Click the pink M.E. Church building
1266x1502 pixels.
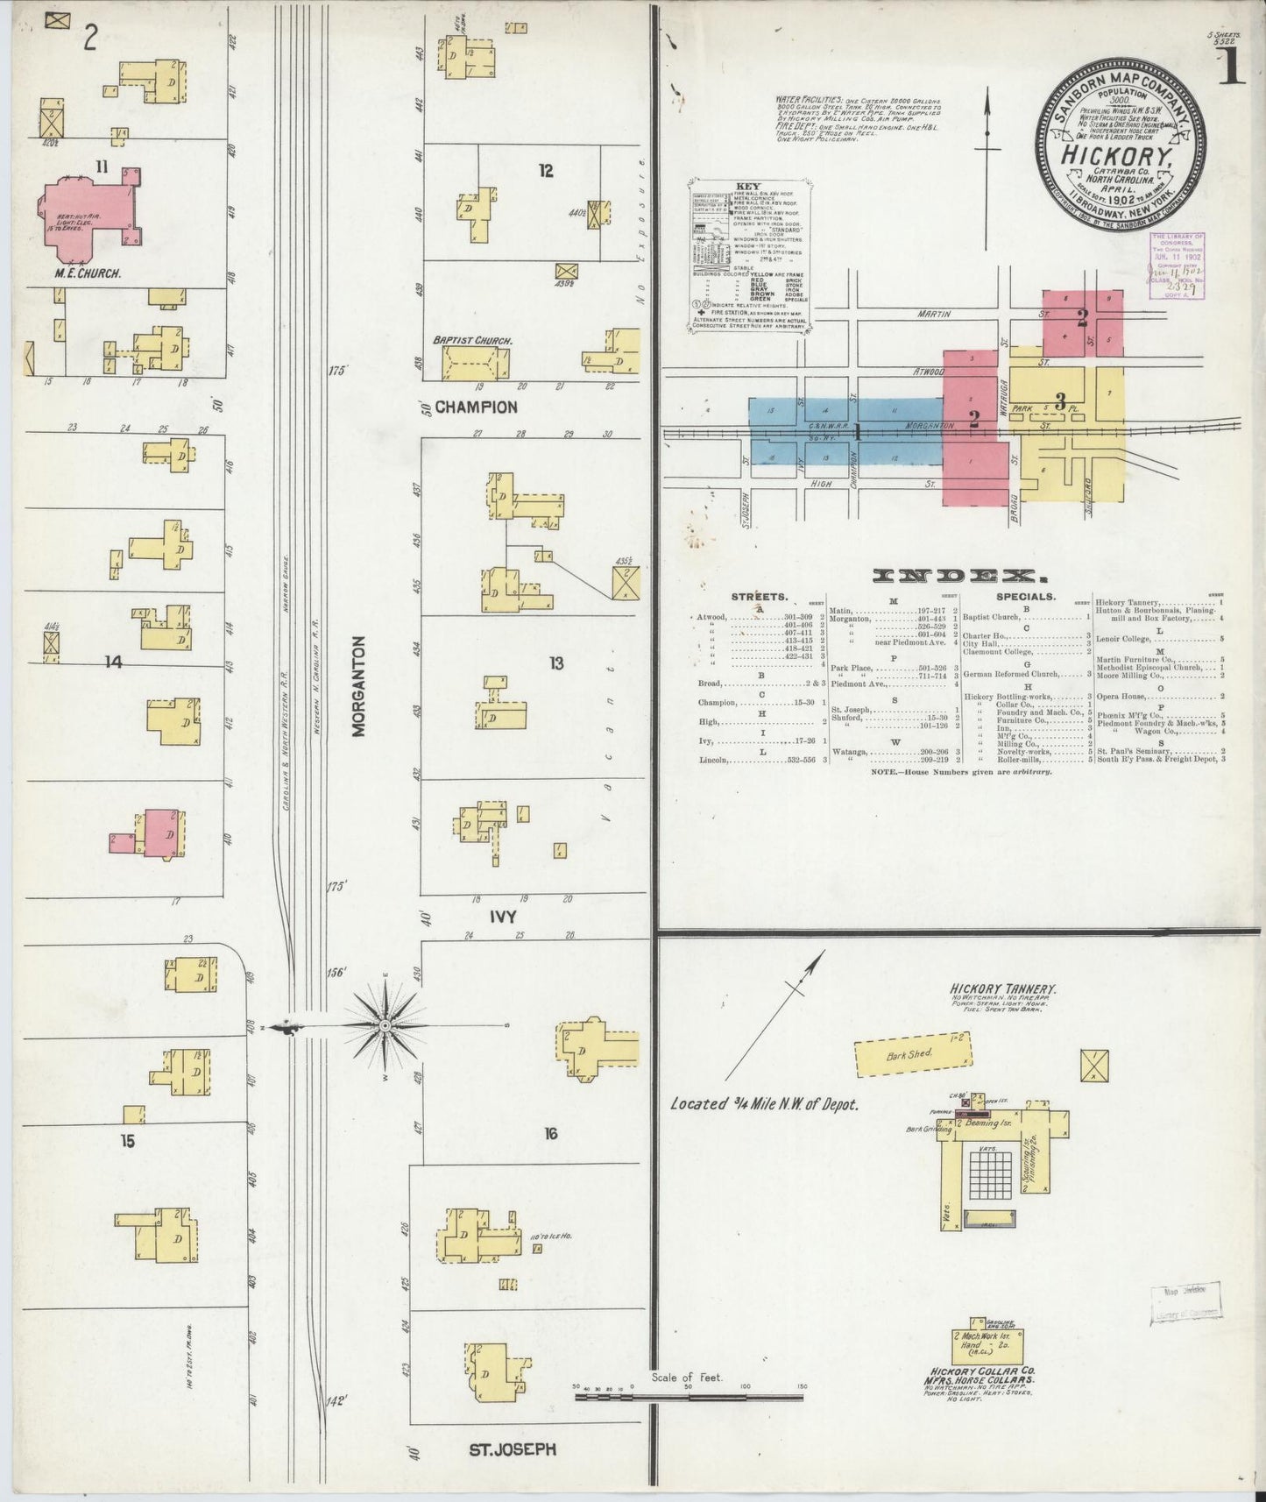pyautogui.click(x=83, y=216)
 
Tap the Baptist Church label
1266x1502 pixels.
pyautogui.click(x=472, y=340)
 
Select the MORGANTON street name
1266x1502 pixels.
pyautogui.click(x=360, y=685)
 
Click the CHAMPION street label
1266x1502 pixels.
pyautogui.click(x=476, y=407)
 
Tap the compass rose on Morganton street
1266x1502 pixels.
pyautogui.click(x=385, y=1024)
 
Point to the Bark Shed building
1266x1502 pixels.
pyautogui.click(x=913, y=1057)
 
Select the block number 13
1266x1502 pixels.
pyautogui.click(x=555, y=663)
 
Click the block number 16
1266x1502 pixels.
pyautogui.click(x=549, y=1134)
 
